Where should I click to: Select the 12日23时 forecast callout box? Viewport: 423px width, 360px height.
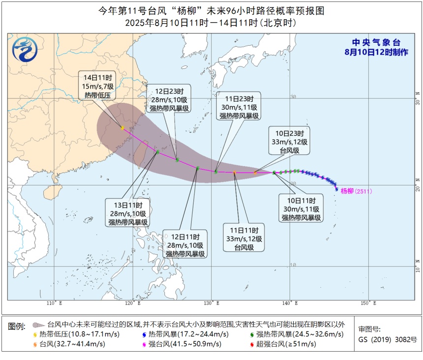170,100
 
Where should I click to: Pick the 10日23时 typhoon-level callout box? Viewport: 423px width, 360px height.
289,142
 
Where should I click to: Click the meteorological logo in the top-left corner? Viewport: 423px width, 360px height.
23,50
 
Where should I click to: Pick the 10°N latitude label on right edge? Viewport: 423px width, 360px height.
417,268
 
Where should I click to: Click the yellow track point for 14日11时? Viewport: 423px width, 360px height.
122,128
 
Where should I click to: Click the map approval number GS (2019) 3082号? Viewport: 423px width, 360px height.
387,339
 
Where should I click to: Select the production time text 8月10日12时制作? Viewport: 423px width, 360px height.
376,52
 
